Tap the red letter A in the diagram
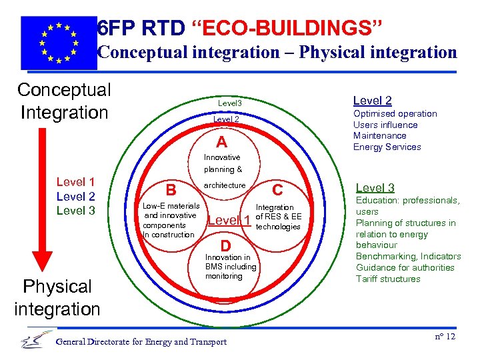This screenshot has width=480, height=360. (x=221, y=143)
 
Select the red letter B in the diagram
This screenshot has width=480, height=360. (x=171, y=191)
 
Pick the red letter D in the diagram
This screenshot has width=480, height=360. (x=225, y=245)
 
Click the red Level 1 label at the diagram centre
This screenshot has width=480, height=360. (x=229, y=221)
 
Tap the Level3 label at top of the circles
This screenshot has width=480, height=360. (x=230, y=103)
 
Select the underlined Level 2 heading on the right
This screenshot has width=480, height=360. (x=372, y=101)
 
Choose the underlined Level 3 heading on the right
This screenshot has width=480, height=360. (x=375, y=188)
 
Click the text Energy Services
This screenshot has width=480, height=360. (x=387, y=147)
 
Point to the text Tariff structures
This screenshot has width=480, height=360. (x=388, y=279)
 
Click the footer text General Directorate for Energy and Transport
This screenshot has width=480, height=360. (x=141, y=342)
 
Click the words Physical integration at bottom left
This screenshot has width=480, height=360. (x=57, y=297)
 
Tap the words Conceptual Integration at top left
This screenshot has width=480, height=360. (x=64, y=101)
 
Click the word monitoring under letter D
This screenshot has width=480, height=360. (x=223, y=276)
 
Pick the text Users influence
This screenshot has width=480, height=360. (x=385, y=125)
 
